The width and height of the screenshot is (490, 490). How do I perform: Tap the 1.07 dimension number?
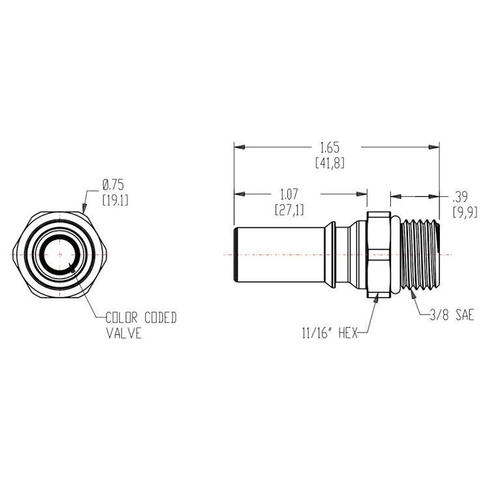tap(289, 194)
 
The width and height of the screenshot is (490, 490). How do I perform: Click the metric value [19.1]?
tap(115, 199)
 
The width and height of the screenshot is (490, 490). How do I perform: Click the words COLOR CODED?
tap(141, 317)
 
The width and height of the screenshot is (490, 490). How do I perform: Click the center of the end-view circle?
tap(59, 253)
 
